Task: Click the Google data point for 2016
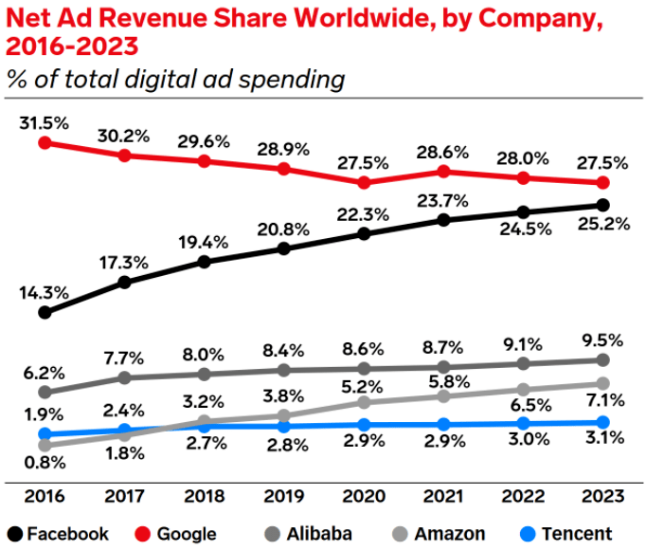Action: [x=44, y=143]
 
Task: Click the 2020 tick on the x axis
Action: [x=364, y=497]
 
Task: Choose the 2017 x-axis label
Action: [x=124, y=497]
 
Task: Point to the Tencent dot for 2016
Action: [x=44, y=434]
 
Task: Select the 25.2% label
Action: [x=602, y=228]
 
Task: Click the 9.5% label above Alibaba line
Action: [x=602, y=339]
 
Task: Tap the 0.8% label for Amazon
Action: [x=44, y=464]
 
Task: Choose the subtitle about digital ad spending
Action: [x=175, y=79]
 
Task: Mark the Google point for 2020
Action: [x=364, y=181]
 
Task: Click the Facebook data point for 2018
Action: [x=204, y=261]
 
